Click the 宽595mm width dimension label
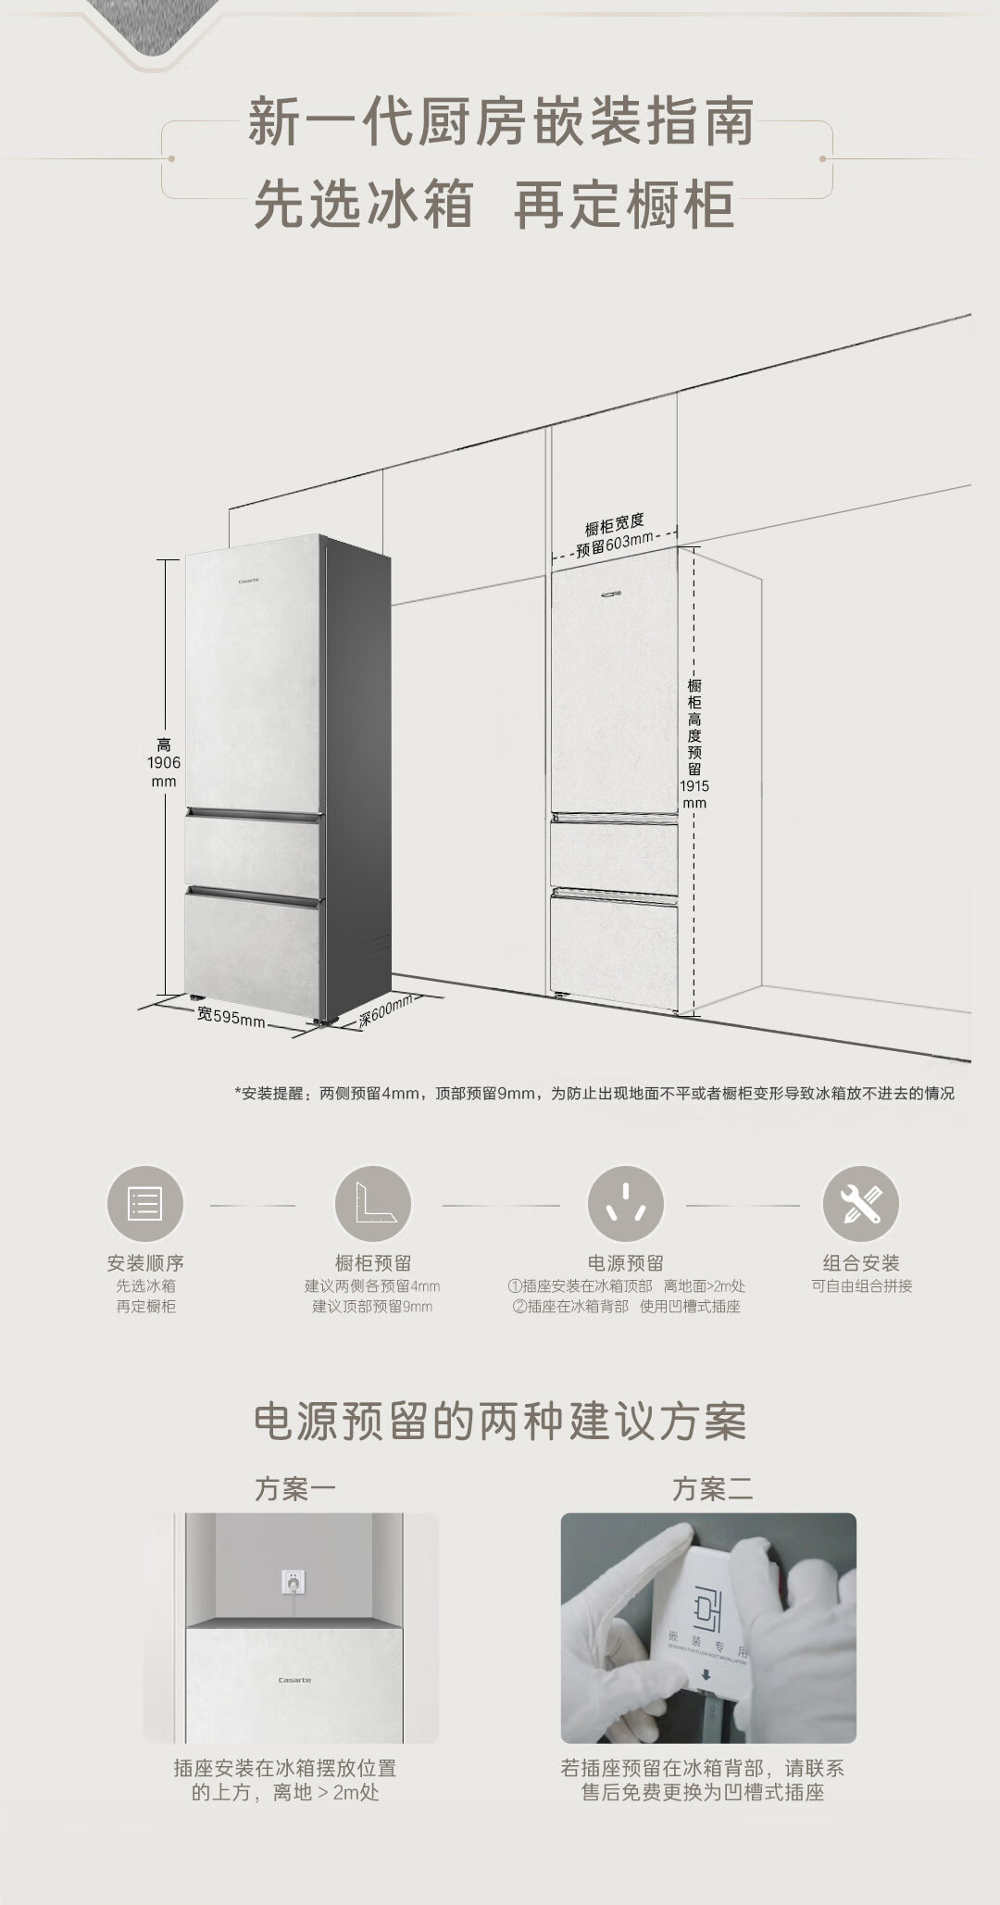[231, 1016]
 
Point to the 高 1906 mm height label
[164, 762]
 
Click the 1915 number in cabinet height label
[694, 785]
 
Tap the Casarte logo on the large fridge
[248, 581]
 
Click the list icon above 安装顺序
[145, 1204]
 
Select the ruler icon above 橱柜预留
[372, 1204]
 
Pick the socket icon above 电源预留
[626, 1204]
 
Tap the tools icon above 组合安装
[861, 1204]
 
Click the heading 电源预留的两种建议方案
[500, 1422]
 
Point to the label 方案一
[295, 1489]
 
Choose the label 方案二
[712, 1489]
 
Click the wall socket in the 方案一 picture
[294, 1582]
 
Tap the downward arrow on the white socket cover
[706, 1674]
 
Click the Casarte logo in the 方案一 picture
[294, 1680]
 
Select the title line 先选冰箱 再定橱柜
[494, 205]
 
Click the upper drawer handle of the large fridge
[254, 814]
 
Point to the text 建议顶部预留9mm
[372, 1307]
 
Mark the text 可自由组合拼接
[862, 1286]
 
